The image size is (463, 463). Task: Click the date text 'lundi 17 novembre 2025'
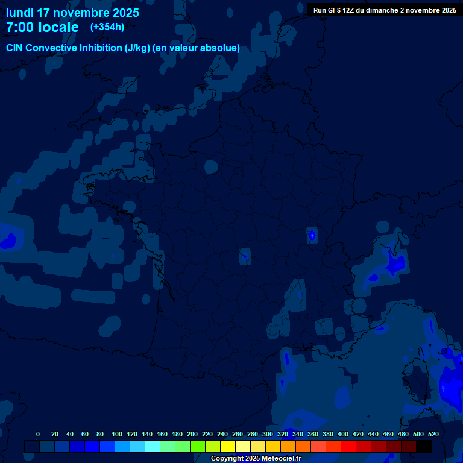[x=72, y=13]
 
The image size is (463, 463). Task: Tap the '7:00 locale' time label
[x=42, y=27]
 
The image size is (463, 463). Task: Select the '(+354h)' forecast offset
[x=107, y=27]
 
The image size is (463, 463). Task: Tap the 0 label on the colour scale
[x=38, y=434]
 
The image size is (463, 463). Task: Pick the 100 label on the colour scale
[x=117, y=434]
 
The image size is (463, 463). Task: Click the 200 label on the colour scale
[x=192, y=434]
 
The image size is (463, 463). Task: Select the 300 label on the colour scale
[x=268, y=434]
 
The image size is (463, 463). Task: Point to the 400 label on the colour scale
[x=343, y=434]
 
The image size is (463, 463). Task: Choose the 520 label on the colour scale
[x=433, y=434]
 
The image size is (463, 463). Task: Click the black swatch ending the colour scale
[x=424, y=446]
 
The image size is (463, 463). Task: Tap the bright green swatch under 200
[x=198, y=446]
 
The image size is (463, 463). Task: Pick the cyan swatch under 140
[x=153, y=446]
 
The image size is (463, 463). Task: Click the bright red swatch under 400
[x=348, y=446]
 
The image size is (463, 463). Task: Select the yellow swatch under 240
[x=228, y=446]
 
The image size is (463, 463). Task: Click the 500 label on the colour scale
[x=418, y=434]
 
